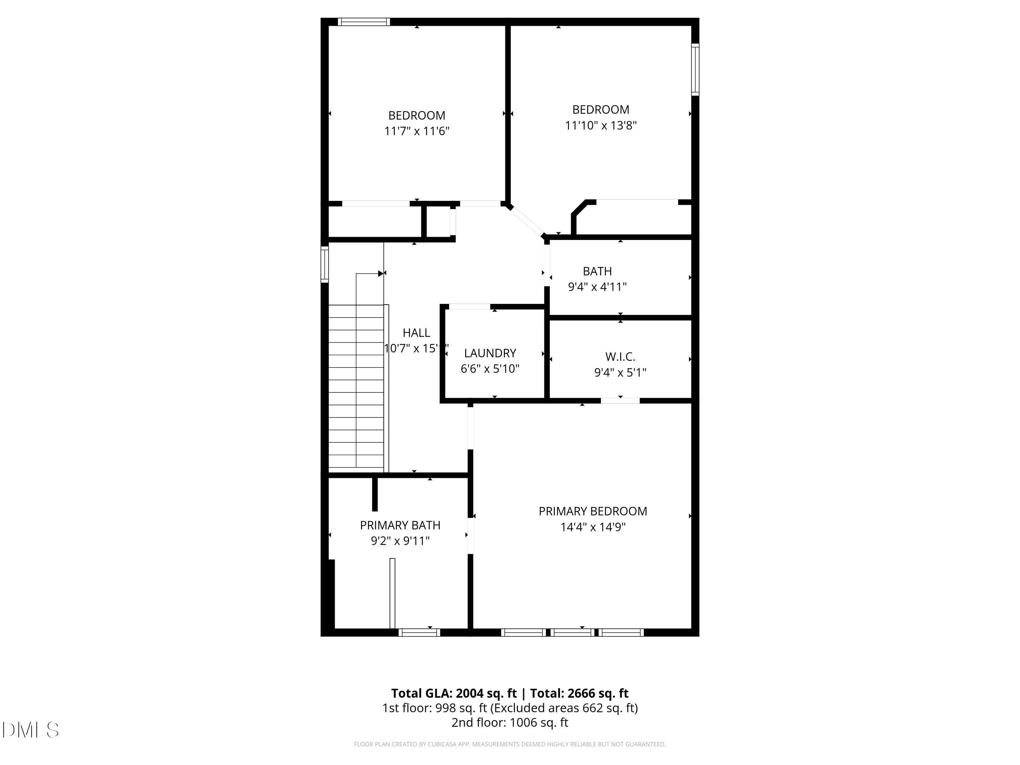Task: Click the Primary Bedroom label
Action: [593, 511]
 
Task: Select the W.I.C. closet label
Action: [620, 356]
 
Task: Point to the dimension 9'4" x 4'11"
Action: [597, 287]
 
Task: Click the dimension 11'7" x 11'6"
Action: [417, 131]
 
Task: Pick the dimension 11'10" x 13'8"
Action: [601, 125]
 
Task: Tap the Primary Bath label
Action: [400, 525]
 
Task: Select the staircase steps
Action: [356, 387]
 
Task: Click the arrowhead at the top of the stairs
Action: [381, 273]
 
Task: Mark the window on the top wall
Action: [364, 22]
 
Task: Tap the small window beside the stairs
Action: [325, 264]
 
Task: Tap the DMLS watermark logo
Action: [31, 730]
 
